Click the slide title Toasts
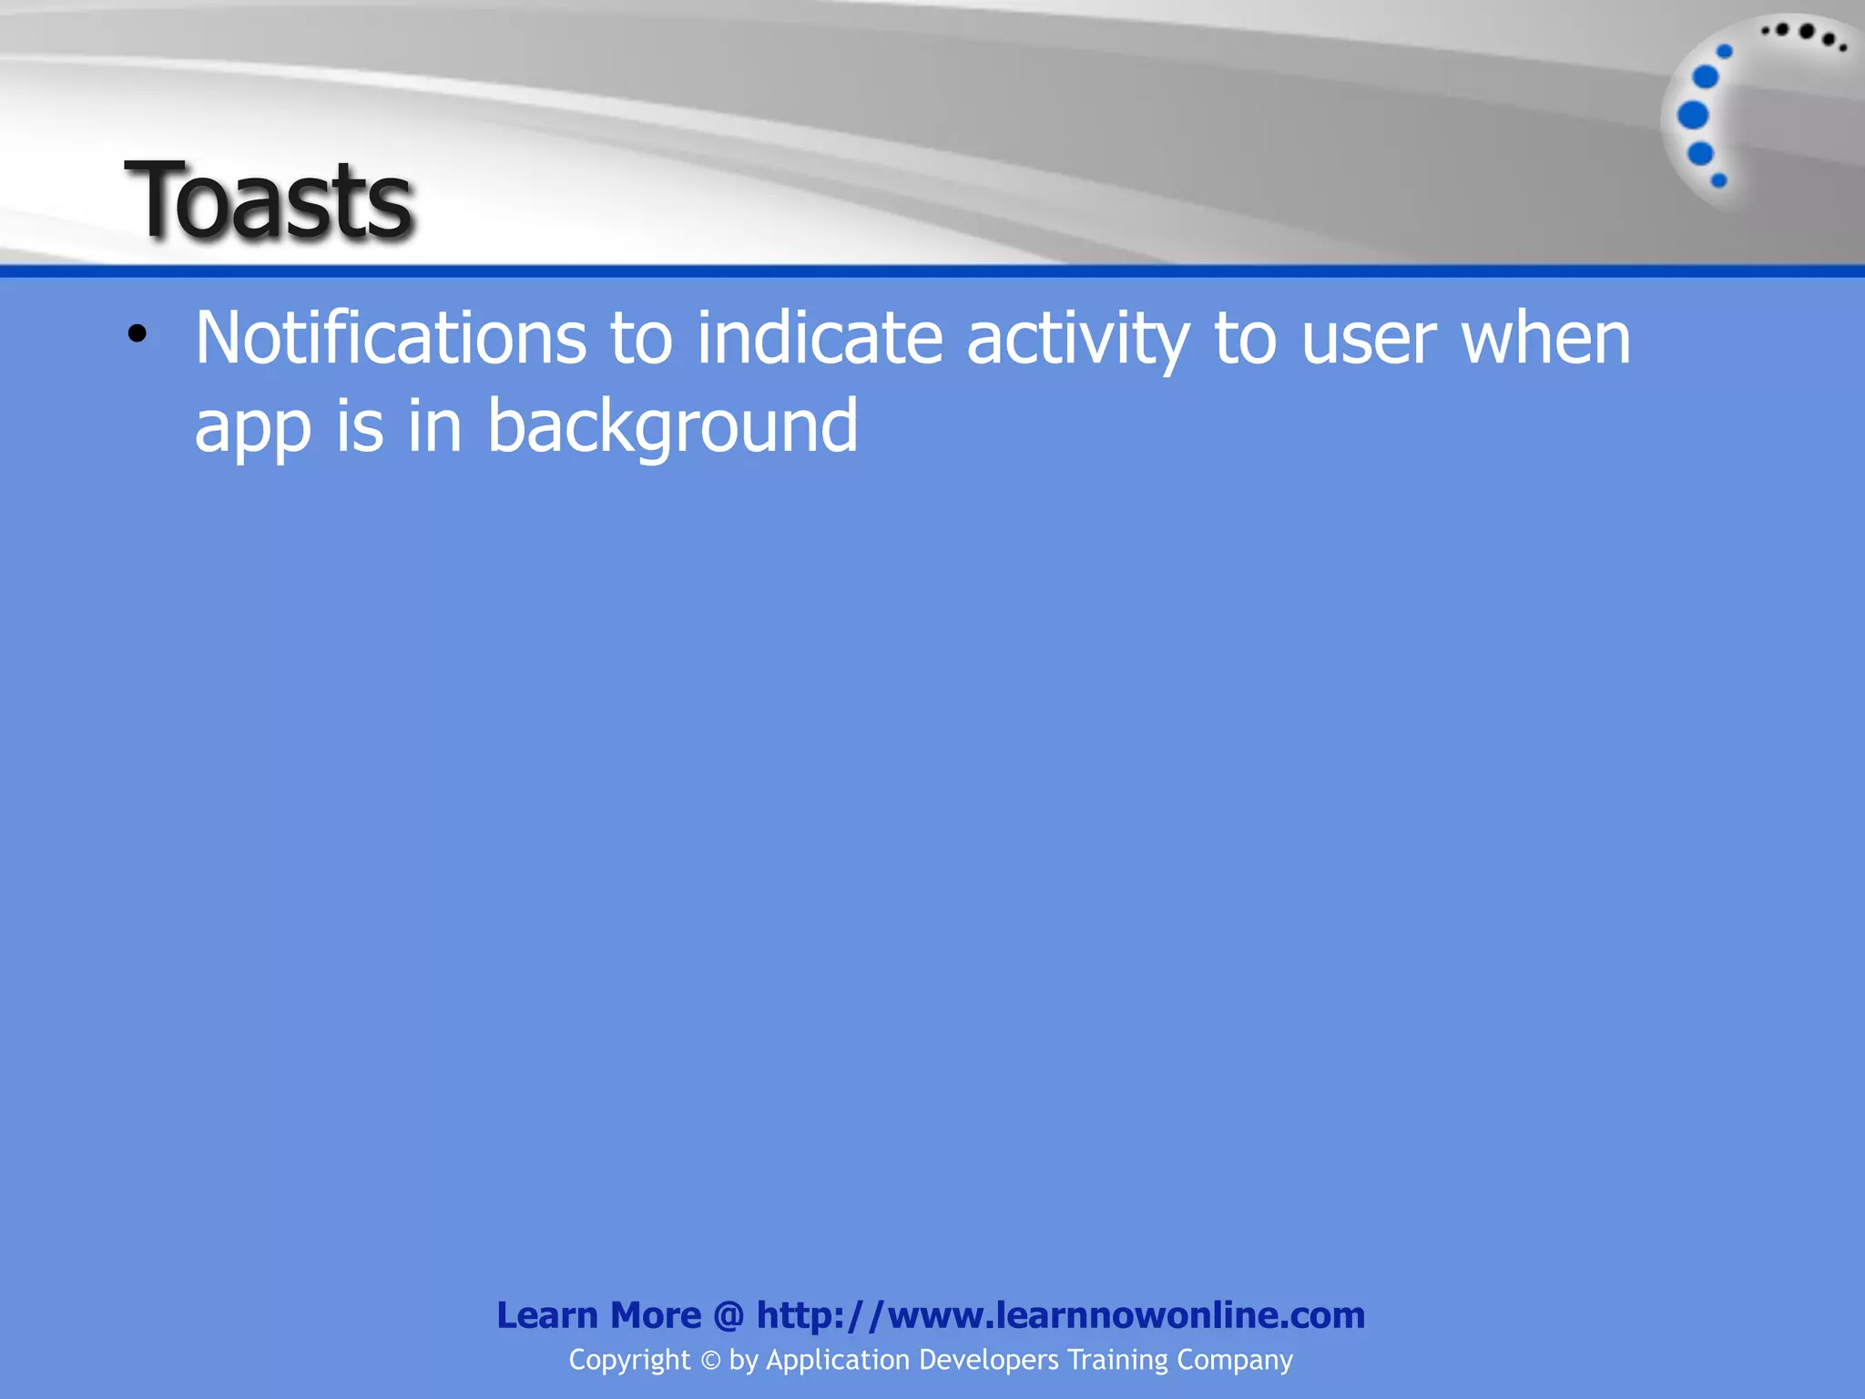tap(270, 200)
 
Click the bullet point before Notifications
tap(137, 335)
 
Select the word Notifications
tap(391, 339)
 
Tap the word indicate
tap(820, 339)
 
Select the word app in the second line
tap(252, 428)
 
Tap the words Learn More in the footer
tap(598, 1315)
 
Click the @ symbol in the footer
tap(729, 1316)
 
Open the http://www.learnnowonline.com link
tap(1060, 1315)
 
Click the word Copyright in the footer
tap(629, 1360)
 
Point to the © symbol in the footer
tap(710, 1361)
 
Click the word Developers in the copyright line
tap(988, 1361)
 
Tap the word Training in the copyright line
tap(1117, 1361)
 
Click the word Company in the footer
tap(1234, 1361)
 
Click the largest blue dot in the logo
tap(1693, 116)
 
